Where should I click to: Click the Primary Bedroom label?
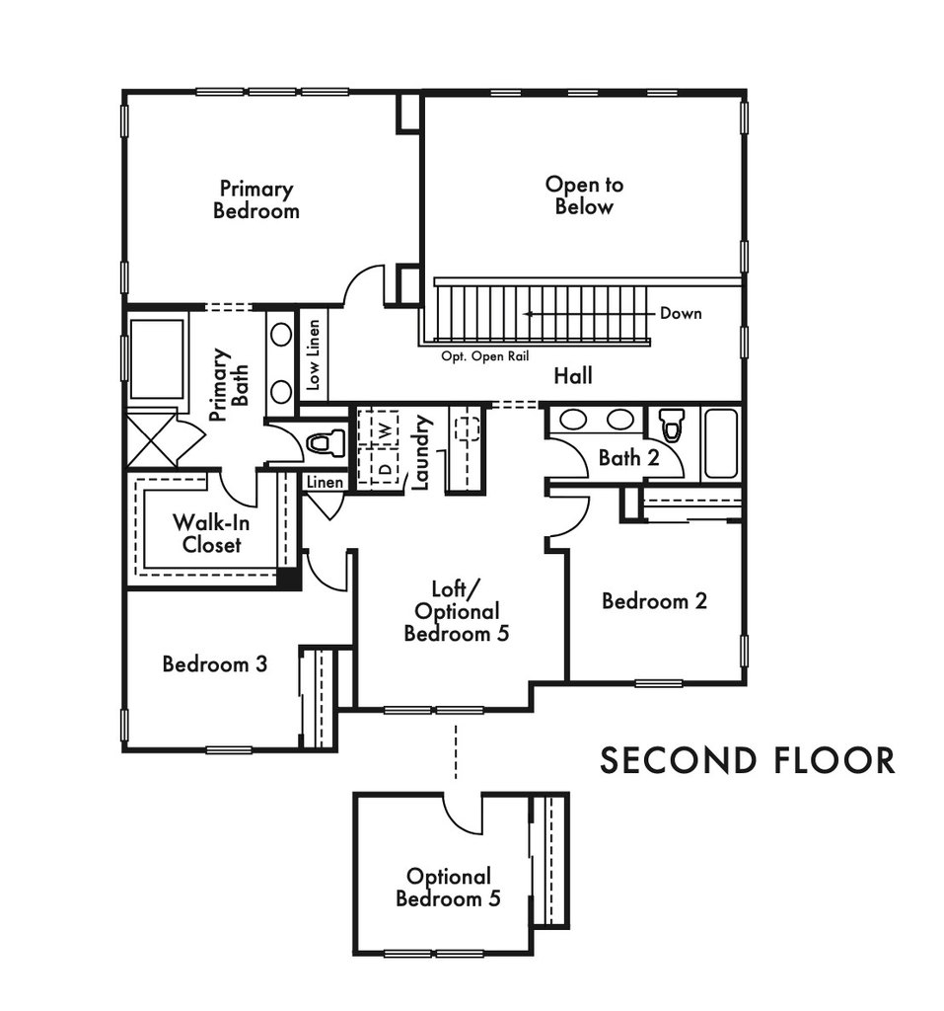(x=255, y=199)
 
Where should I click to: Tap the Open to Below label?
(x=584, y=195)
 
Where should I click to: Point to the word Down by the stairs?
(x=681, y=314)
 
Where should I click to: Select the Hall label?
(x=572, y=376)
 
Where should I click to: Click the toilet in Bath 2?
(x=672, y=427)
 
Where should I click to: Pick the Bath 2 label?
(x=627, y=458)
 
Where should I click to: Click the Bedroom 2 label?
(x=654, y=600)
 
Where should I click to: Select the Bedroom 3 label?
(x=214, y=663)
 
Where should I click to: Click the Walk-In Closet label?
(x=211, y=533)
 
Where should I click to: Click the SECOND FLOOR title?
(x=748, y=760)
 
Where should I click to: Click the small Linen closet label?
(x=325, y=482)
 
